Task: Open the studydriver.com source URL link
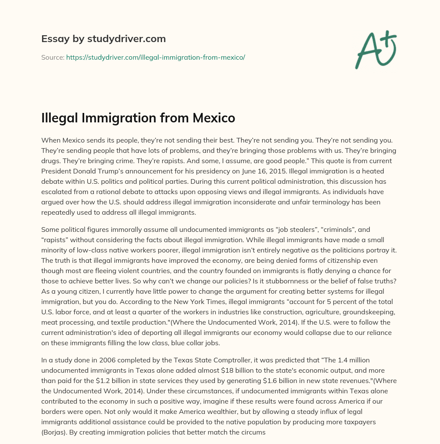(x=155, y=57)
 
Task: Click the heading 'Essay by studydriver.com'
(x=103, y=39)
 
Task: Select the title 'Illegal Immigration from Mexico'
(x=138, y=118)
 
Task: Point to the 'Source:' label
(x=52, y=57)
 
